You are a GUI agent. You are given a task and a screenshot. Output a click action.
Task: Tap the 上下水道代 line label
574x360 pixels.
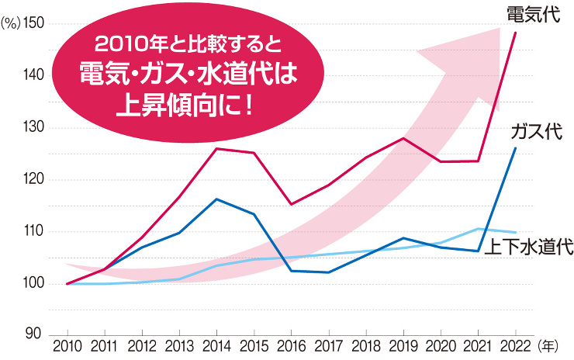coord(528,248)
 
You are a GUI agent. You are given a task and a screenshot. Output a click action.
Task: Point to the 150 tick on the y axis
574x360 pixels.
coord(35,24)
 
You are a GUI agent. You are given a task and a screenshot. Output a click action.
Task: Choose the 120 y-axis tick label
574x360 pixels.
coord(35,179)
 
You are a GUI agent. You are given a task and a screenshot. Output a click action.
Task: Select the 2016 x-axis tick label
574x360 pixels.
coord(291,345)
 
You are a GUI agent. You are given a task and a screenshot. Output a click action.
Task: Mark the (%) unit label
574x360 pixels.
coord(10,24)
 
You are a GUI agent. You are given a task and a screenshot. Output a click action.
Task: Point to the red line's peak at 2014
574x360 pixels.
coord(216,148)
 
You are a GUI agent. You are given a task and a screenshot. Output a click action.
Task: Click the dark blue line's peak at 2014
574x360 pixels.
coord(216,199)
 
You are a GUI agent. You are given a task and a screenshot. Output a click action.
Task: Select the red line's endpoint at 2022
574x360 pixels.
coord(515,33)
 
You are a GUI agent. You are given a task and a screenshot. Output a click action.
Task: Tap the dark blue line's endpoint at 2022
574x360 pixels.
coord(515,147)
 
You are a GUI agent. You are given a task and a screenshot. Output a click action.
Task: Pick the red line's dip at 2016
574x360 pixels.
coord(291,204)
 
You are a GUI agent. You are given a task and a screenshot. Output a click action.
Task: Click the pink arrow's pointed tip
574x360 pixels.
coord(500,29)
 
